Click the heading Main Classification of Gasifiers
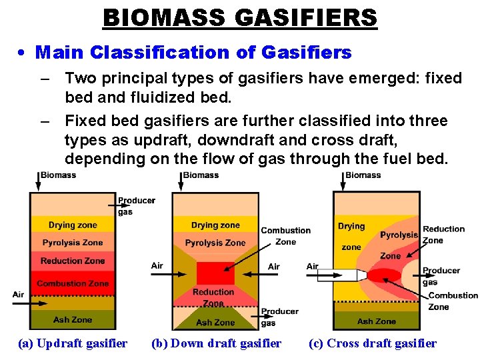[x=193, y=51]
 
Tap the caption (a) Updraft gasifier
[x=73, y=343]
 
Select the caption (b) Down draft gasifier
[x=216, y=343]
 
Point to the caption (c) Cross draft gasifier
[x=372, y=343]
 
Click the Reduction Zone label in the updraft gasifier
[x=73, y=261]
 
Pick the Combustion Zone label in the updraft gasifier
[x=73, y=283]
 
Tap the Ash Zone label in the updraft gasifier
[x=73, y=319]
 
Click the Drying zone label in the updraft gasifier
[x=73, y=225]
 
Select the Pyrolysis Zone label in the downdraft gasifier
[x=215, y=243]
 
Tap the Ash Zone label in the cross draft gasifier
[x=376, y=321]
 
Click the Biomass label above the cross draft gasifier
[x=363, y=175]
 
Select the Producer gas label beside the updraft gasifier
[x=136, y=206]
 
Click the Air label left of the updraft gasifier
[x=18, y=294]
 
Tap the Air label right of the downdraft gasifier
[x=273, y=266]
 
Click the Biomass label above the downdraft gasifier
[x=201, y=175]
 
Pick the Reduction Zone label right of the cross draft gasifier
[x=443, y=235]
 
